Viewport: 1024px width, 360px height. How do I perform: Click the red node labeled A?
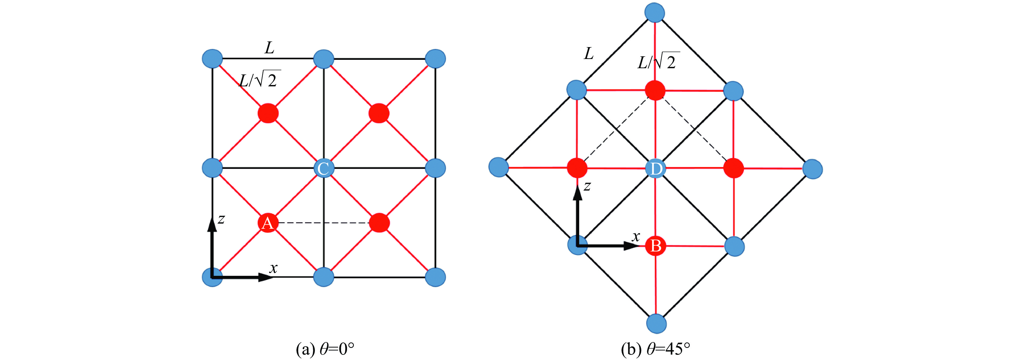click(x=268, y=223)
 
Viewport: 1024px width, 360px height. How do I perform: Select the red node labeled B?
click(x=656, y=246)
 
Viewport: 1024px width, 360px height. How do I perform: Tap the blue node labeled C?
click(x=323, y=168)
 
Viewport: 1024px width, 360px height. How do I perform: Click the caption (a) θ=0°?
click(x=325, y=349)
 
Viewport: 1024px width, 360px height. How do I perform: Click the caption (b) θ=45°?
click(x=656, y=349)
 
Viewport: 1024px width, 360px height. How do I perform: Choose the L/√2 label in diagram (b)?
click(x=658, y=62)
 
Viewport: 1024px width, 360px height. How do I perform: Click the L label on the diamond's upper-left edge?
click(x=589, y=53)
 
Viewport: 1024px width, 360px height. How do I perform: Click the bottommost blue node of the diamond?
click(x=656, y=323)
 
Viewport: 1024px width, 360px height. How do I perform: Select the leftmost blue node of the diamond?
click(x=498, y=167)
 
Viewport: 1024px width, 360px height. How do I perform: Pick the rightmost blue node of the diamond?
click(x=812, y=169)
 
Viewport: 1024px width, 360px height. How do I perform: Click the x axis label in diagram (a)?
click(x=274, y=268)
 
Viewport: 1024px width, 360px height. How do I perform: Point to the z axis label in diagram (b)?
click(x=587, y=186)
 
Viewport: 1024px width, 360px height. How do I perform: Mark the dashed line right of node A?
click(x=323, y=222)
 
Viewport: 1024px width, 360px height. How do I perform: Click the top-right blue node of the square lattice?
click(x=435, y=59)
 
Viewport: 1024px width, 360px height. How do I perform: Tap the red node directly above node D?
click(x=655, y=90)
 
